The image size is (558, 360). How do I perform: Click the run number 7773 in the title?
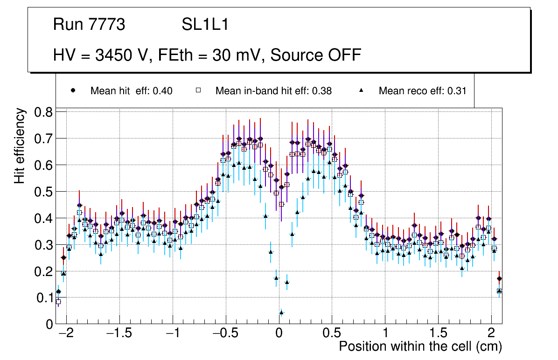pos(108,25)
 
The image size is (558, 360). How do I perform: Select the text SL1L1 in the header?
pos(205,25)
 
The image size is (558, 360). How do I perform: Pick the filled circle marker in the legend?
pos(73,90)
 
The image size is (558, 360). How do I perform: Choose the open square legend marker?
pos(198,90)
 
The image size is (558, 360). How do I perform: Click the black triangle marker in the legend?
pos(361,90)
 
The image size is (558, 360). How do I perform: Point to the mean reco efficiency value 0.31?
pos(457,91)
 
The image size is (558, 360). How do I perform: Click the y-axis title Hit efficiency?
pos(20,145)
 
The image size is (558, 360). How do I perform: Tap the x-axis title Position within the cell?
pos(420,346)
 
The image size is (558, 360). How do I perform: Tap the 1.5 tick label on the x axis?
pos(438,334)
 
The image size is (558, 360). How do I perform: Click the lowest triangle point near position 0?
pos(281,312)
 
